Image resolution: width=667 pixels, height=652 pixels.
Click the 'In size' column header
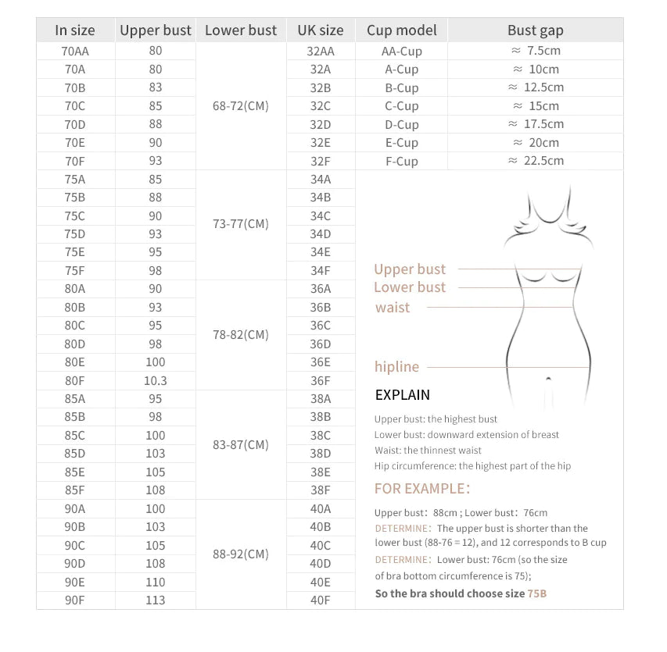(x=75, y=30)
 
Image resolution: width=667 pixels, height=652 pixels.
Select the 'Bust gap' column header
(x=535, y=30)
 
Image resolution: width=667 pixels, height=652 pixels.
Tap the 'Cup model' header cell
(x=401, y=30)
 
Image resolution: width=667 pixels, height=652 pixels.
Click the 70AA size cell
(x=75, y=51)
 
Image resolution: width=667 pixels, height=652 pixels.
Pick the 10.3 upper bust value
(x=156, y=381)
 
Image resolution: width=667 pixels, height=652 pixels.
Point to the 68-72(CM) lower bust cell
(x=241, y=105)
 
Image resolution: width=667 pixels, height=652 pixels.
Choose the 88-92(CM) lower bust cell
(x=241, y=554)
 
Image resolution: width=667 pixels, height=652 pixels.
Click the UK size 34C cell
(x=321, y=216)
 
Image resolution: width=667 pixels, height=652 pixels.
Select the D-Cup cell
(x=401, y=124)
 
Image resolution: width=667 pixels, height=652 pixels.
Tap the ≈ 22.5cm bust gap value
(x=536, y=161)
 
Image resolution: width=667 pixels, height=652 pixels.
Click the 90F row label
(x=75, y=600)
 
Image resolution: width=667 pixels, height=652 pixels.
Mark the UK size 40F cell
(x=321, y=600)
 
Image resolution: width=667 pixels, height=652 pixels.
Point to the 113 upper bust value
(x=156, y=600)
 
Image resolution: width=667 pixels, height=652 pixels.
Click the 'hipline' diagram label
(x=396, y=367)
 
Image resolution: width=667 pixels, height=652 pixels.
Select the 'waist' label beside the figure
(x=393, y=308)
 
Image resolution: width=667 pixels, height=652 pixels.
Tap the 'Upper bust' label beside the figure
(x=410, y=269)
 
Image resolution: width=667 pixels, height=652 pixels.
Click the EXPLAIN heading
(x=402, y=395)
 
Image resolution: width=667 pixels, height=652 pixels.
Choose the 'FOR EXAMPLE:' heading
(x=422, y=489)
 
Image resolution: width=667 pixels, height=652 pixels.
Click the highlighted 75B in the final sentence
(x=537, y=593)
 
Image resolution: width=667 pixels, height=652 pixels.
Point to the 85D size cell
(x=75, y=453)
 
